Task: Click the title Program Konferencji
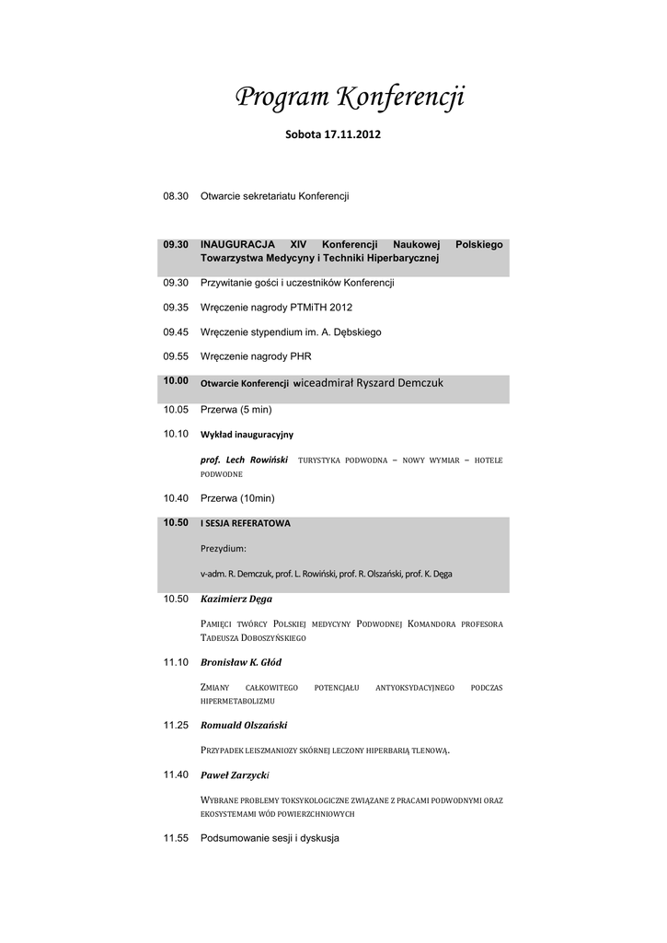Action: click(351, 97)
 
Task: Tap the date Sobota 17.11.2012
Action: click(332, 134)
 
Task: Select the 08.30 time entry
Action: click(176, 196)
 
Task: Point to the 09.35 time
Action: click(176, 308)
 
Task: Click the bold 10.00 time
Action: click(176, 380)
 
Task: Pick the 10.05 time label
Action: click(176, 409)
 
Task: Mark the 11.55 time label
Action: click(176, 838)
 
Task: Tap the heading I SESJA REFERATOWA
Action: click(246, 523)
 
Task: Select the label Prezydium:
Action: click(224, 549)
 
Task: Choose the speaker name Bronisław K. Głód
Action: click(241, 662)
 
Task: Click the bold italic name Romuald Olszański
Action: click(245, 726)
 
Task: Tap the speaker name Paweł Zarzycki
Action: click(235, 774)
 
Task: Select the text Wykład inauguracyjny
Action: click(247, 434)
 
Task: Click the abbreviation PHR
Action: click(300, 355)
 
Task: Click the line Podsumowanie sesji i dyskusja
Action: click(270, 838)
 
